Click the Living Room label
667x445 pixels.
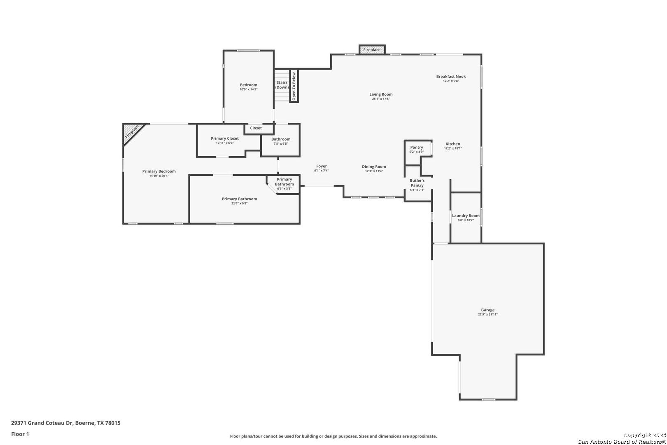[381, 94]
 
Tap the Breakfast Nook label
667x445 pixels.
[451, 77]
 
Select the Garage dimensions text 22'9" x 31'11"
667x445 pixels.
[488, 314]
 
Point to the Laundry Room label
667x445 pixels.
[466, 216]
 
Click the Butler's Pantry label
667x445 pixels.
[417, 183]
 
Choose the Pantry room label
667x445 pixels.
[417, 147]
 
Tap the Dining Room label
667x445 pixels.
[374, 166]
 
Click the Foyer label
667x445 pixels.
[321, 166]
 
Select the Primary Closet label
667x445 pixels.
[225, 138]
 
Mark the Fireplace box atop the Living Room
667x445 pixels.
[372, 50]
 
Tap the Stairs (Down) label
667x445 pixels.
[282, 85]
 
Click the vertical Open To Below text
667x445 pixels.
[294, 86]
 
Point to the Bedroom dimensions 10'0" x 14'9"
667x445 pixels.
[249, 89]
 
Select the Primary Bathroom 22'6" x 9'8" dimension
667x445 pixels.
[239, 203]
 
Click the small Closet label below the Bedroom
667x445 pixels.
[256, 128]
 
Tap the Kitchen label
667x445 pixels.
[453, 144]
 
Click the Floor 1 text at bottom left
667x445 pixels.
[20, 434]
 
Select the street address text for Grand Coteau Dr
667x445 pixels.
[66, 423]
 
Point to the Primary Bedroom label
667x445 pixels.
[159, 171]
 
